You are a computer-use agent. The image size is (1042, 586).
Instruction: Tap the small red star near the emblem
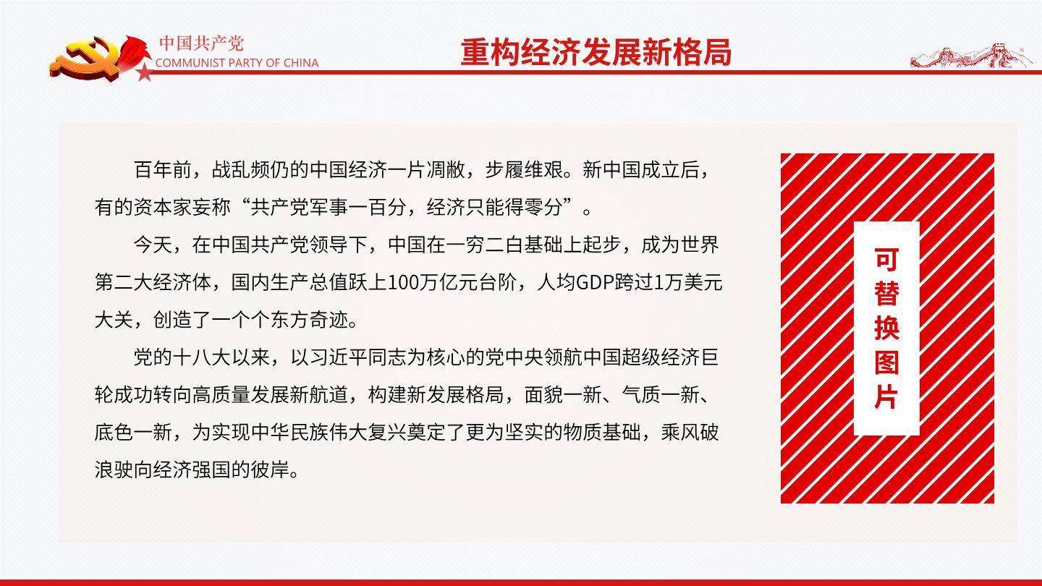click(x=145, y=72)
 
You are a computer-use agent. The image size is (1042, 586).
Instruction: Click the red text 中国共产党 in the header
click(x=201, y=43)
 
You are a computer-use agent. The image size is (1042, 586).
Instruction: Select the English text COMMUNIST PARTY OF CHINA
click(x=237, y=63)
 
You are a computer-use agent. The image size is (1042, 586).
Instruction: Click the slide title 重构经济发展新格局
click(x=596, y=52)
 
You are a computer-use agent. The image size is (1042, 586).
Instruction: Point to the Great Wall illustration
click(x=970, y=56)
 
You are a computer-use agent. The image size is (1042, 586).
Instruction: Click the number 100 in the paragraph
click(x=403, y=283)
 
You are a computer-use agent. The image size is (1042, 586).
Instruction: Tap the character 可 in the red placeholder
click(x=886, y=260)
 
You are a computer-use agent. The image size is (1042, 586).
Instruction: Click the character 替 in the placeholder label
click(x=886, y=294)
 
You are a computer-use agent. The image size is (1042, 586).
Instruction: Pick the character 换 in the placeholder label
click(x=886, y=328)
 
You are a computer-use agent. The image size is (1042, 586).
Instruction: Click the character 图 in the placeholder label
click(x=886, y=362)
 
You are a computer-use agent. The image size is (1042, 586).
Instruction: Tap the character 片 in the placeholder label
click(x=886, y=397)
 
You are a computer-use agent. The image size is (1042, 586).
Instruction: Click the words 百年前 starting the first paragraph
click(x=163, y=170)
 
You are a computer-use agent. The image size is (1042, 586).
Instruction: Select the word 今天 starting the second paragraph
click(x=153, y=245)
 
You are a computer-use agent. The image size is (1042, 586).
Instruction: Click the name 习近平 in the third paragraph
click(x=339, y=357)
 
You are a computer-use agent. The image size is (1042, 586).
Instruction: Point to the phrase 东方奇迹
click(x=310, y=320)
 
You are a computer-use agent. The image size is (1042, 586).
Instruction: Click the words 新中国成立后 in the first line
click(x=640, y=170)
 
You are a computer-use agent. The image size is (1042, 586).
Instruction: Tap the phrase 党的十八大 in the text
click(x=182, y=357)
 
